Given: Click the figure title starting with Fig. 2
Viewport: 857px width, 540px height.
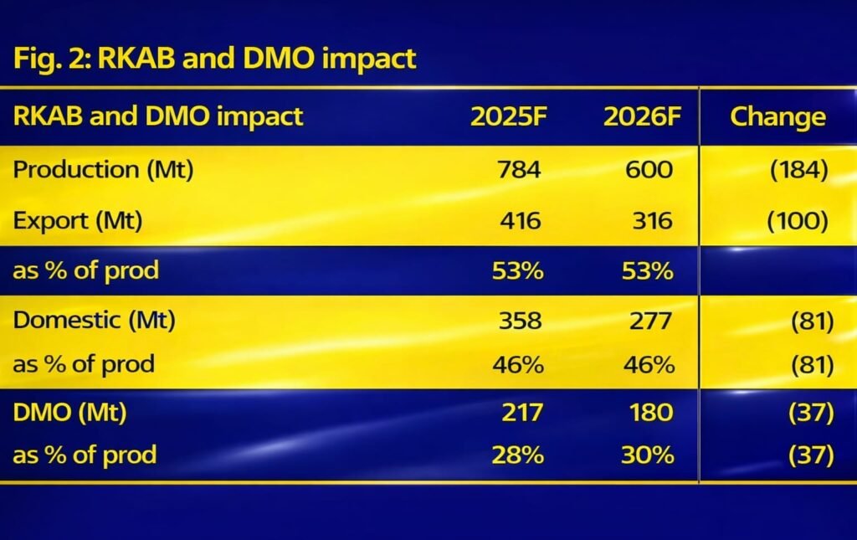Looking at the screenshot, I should click(x=214, y=59).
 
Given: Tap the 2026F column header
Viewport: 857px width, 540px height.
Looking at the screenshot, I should click(x=638, y=116).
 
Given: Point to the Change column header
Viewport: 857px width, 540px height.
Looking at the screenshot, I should click(x=777, y=116).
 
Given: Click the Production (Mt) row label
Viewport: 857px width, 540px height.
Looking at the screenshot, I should click(x=103, y=169).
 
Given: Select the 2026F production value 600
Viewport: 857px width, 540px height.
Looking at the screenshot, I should click(x=649, y=169).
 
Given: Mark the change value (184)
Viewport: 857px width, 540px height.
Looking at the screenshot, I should click(x=798, y=169).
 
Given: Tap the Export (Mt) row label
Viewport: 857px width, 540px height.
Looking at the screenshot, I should click(x=77, y=221).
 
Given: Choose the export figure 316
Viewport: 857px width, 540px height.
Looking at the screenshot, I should click(x=650, y=221).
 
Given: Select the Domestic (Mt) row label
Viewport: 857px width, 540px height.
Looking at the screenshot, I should click(x=94, y=321).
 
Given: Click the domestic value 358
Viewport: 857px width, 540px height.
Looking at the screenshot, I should click(x=520, y=321).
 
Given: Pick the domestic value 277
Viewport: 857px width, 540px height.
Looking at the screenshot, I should click(x=649, y=321).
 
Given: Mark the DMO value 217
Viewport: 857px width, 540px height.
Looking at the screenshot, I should click(x=520, y=412).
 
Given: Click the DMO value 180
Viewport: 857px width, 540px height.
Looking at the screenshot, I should click(x=649, y=412).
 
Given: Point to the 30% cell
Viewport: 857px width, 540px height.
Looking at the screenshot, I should click(x=648, y=455).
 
